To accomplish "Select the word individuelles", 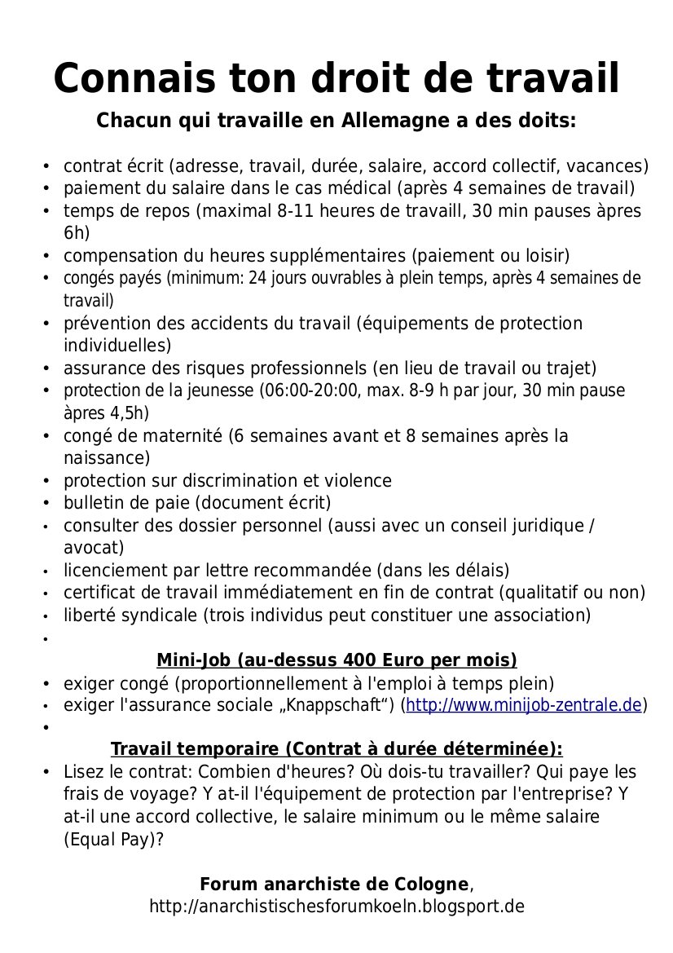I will (x=116, y=344).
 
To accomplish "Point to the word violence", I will (x=359, y=480).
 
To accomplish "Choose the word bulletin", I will (x=92, y=502).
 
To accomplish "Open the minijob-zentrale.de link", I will (x=524, y=704).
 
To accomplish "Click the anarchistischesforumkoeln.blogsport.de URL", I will (x=336, y=906).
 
